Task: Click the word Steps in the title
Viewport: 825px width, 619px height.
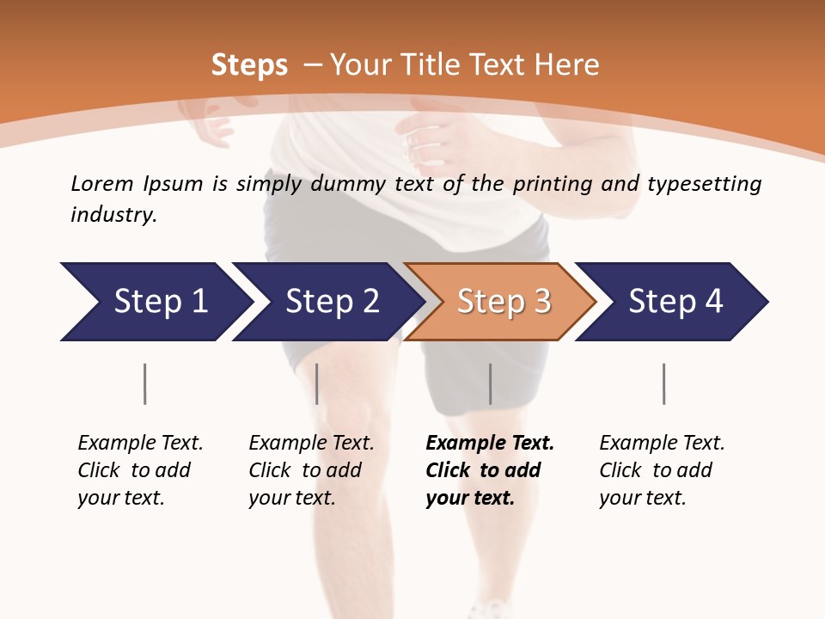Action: (249, 65)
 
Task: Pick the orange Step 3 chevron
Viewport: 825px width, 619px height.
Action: (501, 302)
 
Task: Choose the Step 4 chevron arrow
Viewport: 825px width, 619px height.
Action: (673, 302)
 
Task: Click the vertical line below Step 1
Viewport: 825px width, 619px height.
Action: (145, 383)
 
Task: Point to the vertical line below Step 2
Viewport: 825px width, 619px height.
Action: (317, 383)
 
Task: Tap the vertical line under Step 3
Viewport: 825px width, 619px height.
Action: (490, 383)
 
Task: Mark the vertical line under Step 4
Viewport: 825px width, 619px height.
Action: (663, 383)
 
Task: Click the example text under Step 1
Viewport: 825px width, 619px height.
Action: (140, 470)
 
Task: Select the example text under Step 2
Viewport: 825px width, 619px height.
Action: (311, 470)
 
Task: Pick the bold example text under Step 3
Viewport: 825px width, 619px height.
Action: (489, 470)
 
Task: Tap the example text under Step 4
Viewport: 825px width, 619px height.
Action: (662, 470)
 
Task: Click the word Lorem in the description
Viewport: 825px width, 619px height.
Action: (102, 184)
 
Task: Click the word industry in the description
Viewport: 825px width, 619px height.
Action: (113, 215)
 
